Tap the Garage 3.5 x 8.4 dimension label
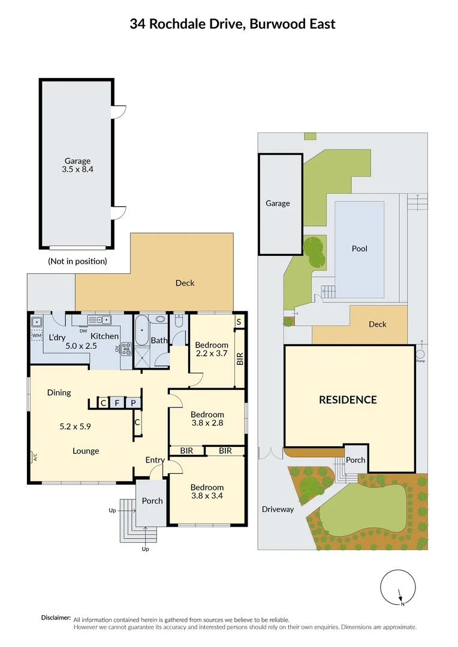click(78, 165)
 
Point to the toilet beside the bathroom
click(179, 322)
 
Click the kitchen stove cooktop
click(126, 348)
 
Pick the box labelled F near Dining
click(118, 403)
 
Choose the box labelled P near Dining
click(134, 403)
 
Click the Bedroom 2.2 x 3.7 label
click(212, 349)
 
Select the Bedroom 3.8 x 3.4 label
click(207, 492)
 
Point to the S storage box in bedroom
click(239, 322)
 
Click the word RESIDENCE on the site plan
click(348, 400)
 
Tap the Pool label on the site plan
click(360, 249)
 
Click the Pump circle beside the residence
click(420, 354)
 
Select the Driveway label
click(278, 509)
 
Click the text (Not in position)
click(77, 261)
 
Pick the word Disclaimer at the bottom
click(56, 618)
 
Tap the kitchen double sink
click(98, 320)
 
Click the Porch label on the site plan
click(354, 460)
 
